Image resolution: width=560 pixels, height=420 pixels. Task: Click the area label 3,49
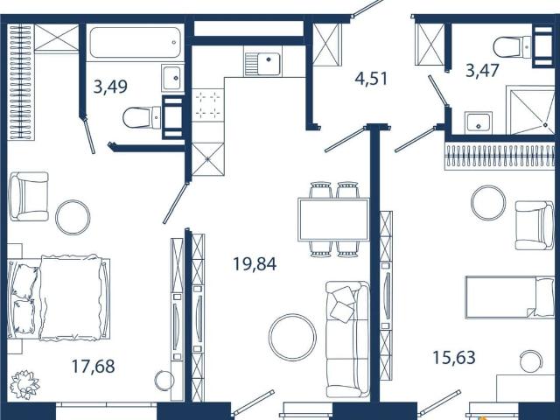coord(110,87)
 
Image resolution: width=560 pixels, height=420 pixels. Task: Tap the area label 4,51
coord(371,79)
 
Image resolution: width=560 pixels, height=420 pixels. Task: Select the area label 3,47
coord(482,70)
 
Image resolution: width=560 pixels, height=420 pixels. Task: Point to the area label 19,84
coord(255,264)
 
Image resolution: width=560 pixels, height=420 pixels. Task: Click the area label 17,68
coord(94,366)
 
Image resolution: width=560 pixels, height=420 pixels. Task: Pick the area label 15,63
coord(454,358)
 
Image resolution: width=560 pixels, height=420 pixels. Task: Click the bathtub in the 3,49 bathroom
coord(136,43)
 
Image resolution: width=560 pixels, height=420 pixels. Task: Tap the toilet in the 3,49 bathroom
coord(142,117)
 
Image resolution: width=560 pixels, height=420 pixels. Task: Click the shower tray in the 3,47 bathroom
coord(530,110)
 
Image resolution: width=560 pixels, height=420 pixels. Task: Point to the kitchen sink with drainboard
coord(262,64)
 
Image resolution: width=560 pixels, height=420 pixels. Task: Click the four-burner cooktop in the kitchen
coord(208,105)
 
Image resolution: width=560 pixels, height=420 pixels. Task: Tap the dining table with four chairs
coord(334,220)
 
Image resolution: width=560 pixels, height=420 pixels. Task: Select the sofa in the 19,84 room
coord(348,339)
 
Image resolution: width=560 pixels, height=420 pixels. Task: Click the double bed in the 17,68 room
coord(59,297)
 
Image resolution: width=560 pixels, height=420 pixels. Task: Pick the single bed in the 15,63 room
coord(510,297)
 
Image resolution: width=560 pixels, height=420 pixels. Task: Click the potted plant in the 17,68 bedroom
coord(24,385)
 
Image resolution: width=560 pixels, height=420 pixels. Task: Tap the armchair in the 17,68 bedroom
coord(29,196)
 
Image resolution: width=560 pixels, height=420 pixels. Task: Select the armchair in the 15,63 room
coord(535,225)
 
